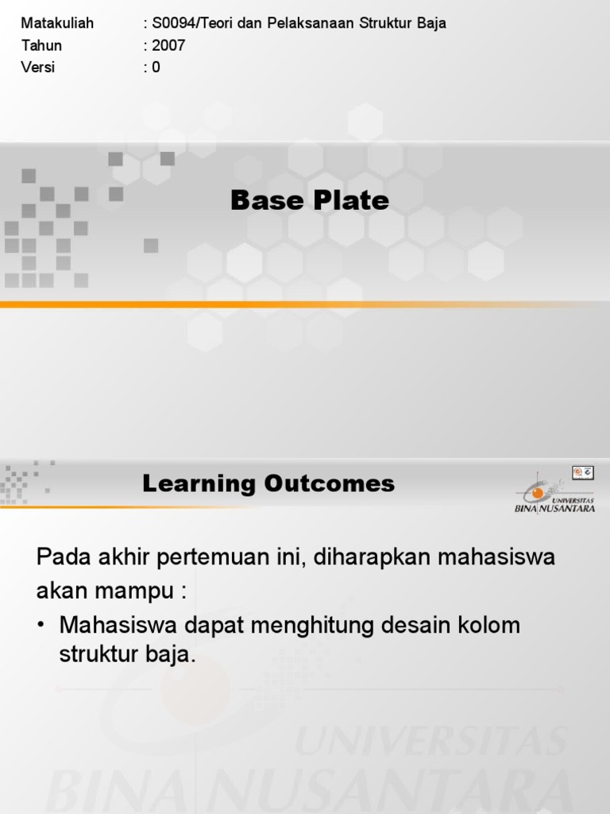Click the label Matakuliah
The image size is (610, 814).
[57, 23]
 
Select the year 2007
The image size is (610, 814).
[168, 45]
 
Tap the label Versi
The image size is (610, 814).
[38, 68]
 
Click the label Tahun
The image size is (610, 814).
[41, 45]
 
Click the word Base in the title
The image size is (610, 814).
[266, 200]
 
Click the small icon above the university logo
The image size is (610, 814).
[582, 472]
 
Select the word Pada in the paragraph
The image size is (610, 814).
[64, 557]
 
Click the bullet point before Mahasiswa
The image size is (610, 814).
[41, 626]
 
